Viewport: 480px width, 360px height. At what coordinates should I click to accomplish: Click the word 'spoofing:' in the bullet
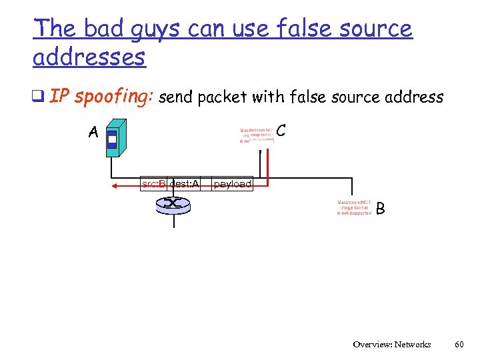[x=114, y=97]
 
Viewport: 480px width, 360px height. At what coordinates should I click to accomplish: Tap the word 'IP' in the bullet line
[x=59, y=97]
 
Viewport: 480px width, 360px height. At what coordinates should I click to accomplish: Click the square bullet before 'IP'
[x=39, y=98]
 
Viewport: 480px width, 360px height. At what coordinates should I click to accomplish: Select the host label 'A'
[x=93, y=133]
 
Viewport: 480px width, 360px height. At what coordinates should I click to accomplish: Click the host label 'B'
[x=380, y=209]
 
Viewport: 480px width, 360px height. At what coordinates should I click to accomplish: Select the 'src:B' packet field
[x=153, y=183]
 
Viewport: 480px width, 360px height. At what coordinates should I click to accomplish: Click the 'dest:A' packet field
[x=184, y=183]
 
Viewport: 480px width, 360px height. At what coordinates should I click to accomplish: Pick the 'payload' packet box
[x=233, y=184]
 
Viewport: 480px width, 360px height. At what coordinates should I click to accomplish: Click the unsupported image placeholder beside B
[x=354, y=207]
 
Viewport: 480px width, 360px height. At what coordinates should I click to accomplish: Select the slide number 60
[x=459, y=345]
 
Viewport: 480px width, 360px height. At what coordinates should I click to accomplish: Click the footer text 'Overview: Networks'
[x=392, y=345]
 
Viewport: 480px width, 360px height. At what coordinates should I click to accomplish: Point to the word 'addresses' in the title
[x=89, y=57]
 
